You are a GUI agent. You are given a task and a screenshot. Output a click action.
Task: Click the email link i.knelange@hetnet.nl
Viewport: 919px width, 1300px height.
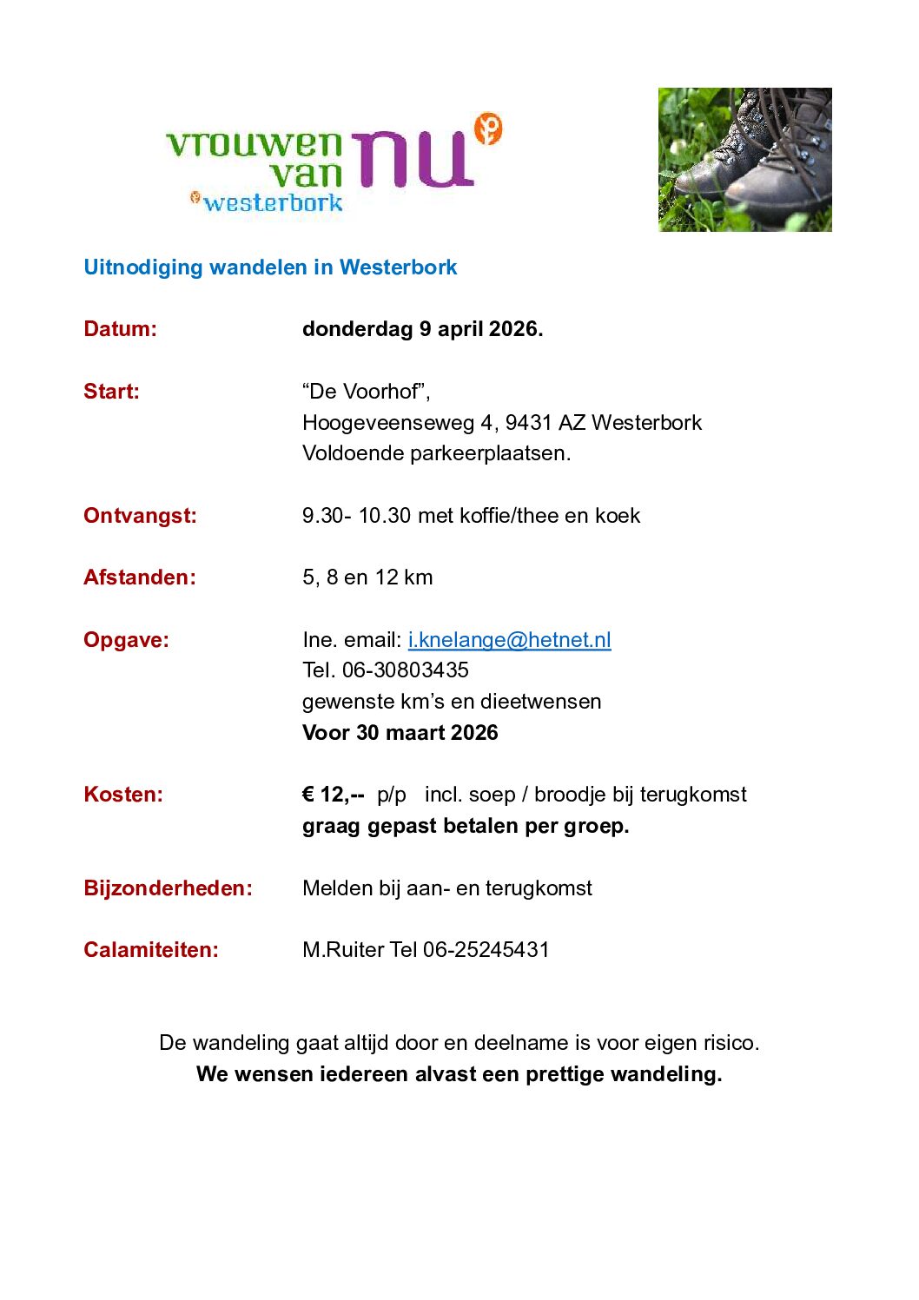point(509,640)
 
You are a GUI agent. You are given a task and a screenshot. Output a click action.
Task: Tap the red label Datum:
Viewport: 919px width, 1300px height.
point(120,329)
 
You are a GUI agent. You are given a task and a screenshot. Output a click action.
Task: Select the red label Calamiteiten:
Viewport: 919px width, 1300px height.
point(151,950)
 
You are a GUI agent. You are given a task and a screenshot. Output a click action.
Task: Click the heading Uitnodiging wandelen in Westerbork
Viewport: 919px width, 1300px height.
point(270,267)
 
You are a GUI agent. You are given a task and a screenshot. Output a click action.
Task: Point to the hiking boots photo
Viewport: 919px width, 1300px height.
point(744,160)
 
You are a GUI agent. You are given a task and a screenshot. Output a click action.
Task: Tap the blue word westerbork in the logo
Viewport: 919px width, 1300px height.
point(273,203)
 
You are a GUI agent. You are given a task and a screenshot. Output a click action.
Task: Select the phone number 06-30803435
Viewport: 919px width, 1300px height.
point(406,670)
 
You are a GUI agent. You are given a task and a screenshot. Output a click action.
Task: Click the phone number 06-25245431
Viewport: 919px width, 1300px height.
point(486,950)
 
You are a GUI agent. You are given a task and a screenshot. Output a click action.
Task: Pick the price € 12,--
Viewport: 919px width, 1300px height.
point(333,795)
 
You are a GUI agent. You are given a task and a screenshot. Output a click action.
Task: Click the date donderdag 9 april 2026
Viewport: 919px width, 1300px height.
point(422,329)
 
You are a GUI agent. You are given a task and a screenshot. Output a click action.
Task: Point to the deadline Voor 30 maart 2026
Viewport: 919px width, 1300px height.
point(400,733)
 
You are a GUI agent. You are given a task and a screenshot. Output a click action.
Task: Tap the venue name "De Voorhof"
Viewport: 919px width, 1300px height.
point(366,392)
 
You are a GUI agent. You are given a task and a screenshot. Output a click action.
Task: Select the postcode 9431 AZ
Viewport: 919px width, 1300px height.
point(545,423)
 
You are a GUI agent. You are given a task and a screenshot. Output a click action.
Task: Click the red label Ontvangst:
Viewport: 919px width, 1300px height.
point(140,516)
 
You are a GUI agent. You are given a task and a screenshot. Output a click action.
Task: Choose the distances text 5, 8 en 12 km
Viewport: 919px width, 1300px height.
point(367,577)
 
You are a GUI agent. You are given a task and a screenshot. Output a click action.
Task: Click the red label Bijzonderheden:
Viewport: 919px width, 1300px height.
point(168,888)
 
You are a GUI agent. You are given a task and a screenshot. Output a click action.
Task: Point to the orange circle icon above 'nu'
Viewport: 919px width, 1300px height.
point(489,129)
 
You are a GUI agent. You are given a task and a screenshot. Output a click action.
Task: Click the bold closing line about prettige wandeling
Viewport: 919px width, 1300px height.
point(459,1074)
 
